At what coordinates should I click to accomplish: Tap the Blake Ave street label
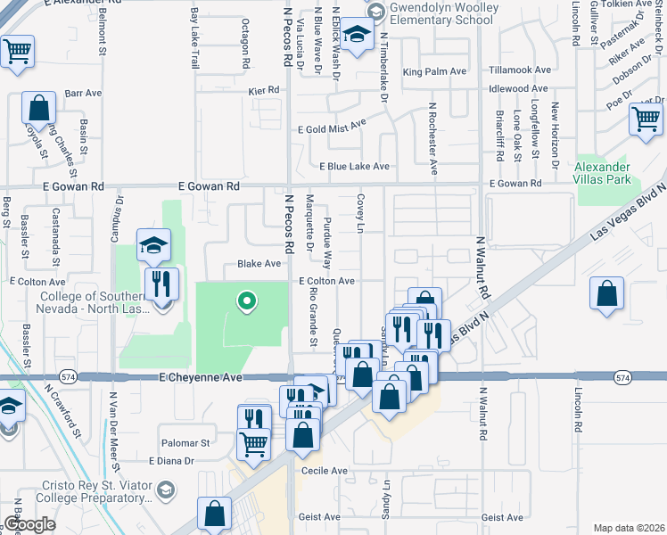[x=259, y=264]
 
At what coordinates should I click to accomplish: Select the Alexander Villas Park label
[x=602, y=173]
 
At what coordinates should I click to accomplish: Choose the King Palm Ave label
[x=434, y=71]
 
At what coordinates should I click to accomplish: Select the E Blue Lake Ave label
[x=354, y=166]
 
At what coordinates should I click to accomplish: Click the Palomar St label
[x=185, y=442]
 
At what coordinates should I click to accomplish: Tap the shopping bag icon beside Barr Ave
[x=38, y=108]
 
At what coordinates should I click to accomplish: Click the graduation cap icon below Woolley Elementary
[x=357, y=37]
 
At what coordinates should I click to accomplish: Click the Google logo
[x=29, y=524]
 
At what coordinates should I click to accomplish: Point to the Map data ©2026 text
[x=630, y=528]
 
